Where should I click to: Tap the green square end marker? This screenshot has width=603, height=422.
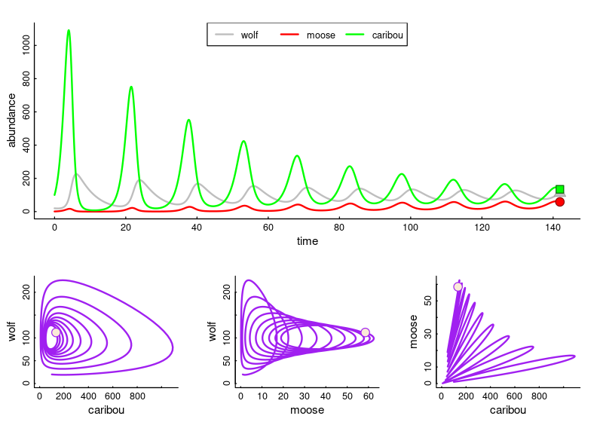click(560, 190)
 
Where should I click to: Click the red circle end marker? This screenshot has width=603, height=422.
click(560, 202)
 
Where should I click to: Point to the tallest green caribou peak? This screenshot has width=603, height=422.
click(69, 31)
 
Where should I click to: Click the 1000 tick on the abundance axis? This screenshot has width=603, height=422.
click(27, 46)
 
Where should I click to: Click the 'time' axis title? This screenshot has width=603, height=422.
click(307, 241)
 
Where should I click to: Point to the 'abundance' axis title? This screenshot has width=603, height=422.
click(11, 120)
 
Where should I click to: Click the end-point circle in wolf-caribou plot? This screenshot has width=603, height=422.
click(56, 332)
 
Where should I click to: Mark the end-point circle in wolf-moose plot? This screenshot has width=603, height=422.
click(365, 332)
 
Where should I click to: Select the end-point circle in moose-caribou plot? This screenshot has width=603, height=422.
click(458, 286)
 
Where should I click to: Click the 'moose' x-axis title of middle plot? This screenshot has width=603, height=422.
click(307, 410)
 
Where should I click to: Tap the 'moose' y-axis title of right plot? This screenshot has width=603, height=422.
click(413, 332)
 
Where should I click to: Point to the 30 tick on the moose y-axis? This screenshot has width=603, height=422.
click(428, 332)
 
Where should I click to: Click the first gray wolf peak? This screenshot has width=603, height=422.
click(76, 174)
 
